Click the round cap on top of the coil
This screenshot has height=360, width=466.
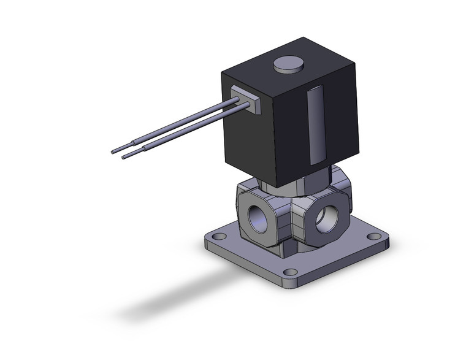click(x=288, y=64)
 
